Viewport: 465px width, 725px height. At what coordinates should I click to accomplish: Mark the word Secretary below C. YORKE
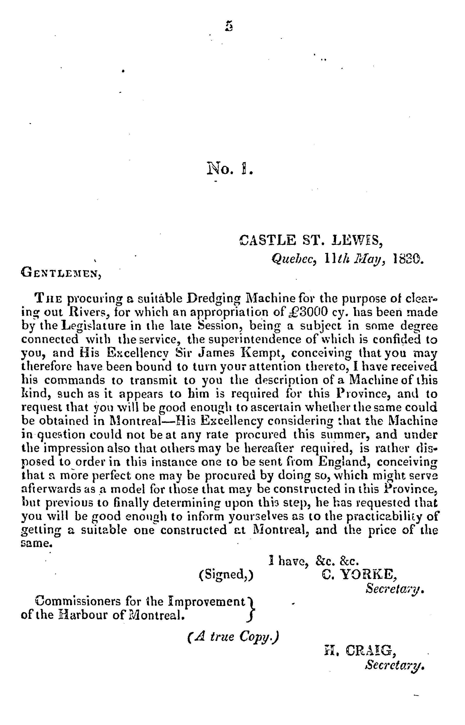(394, 588)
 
